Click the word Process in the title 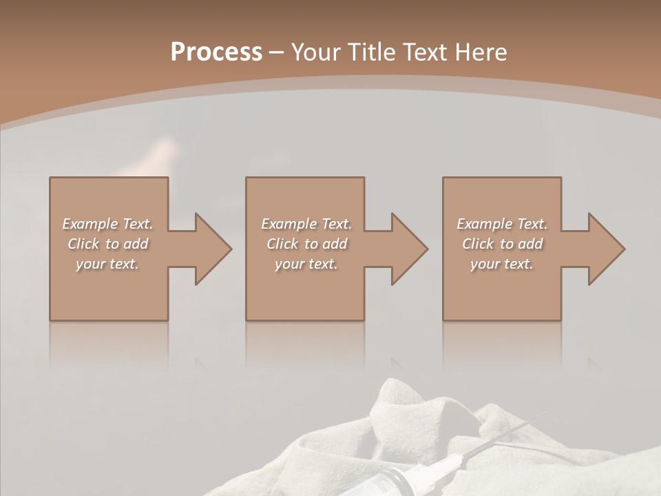(x=216, y=52)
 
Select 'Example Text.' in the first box (x=107, y=224)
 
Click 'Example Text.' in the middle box (x=306, y=224)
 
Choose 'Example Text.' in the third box (x=502, y=224)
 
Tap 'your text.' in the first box (x=107, y=264)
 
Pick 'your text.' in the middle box (x=306, y=264)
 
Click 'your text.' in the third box (x=502, y=264)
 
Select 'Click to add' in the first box (x=107, y=244)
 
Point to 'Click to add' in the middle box (x=306, y=244)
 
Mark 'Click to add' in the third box (x=502, y=244)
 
